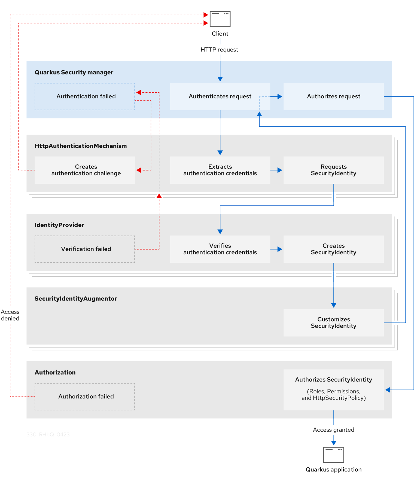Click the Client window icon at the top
pos(220,19)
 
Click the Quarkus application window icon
pos(333,455)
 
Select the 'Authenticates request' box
pos(220,96)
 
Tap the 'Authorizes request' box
pos(333,96)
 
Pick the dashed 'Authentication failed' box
pos(85,96)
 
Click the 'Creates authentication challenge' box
pos(85,170)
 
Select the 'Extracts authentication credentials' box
pos(220,170)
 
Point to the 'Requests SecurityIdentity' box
pos(333,170)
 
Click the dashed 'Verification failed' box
pos(85,249)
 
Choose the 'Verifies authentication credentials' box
pos(220,249)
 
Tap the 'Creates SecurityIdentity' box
pos(333,249)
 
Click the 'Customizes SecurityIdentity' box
pos(333,323)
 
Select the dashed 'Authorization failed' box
pos(85,397)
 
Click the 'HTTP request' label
pos(219,50)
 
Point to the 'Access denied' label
pos(10,315)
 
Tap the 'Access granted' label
pos(333,430)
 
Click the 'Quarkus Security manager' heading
pos(74,72)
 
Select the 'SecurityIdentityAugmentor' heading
pos(76,298)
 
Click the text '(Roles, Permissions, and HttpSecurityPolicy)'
pos(333,395)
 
